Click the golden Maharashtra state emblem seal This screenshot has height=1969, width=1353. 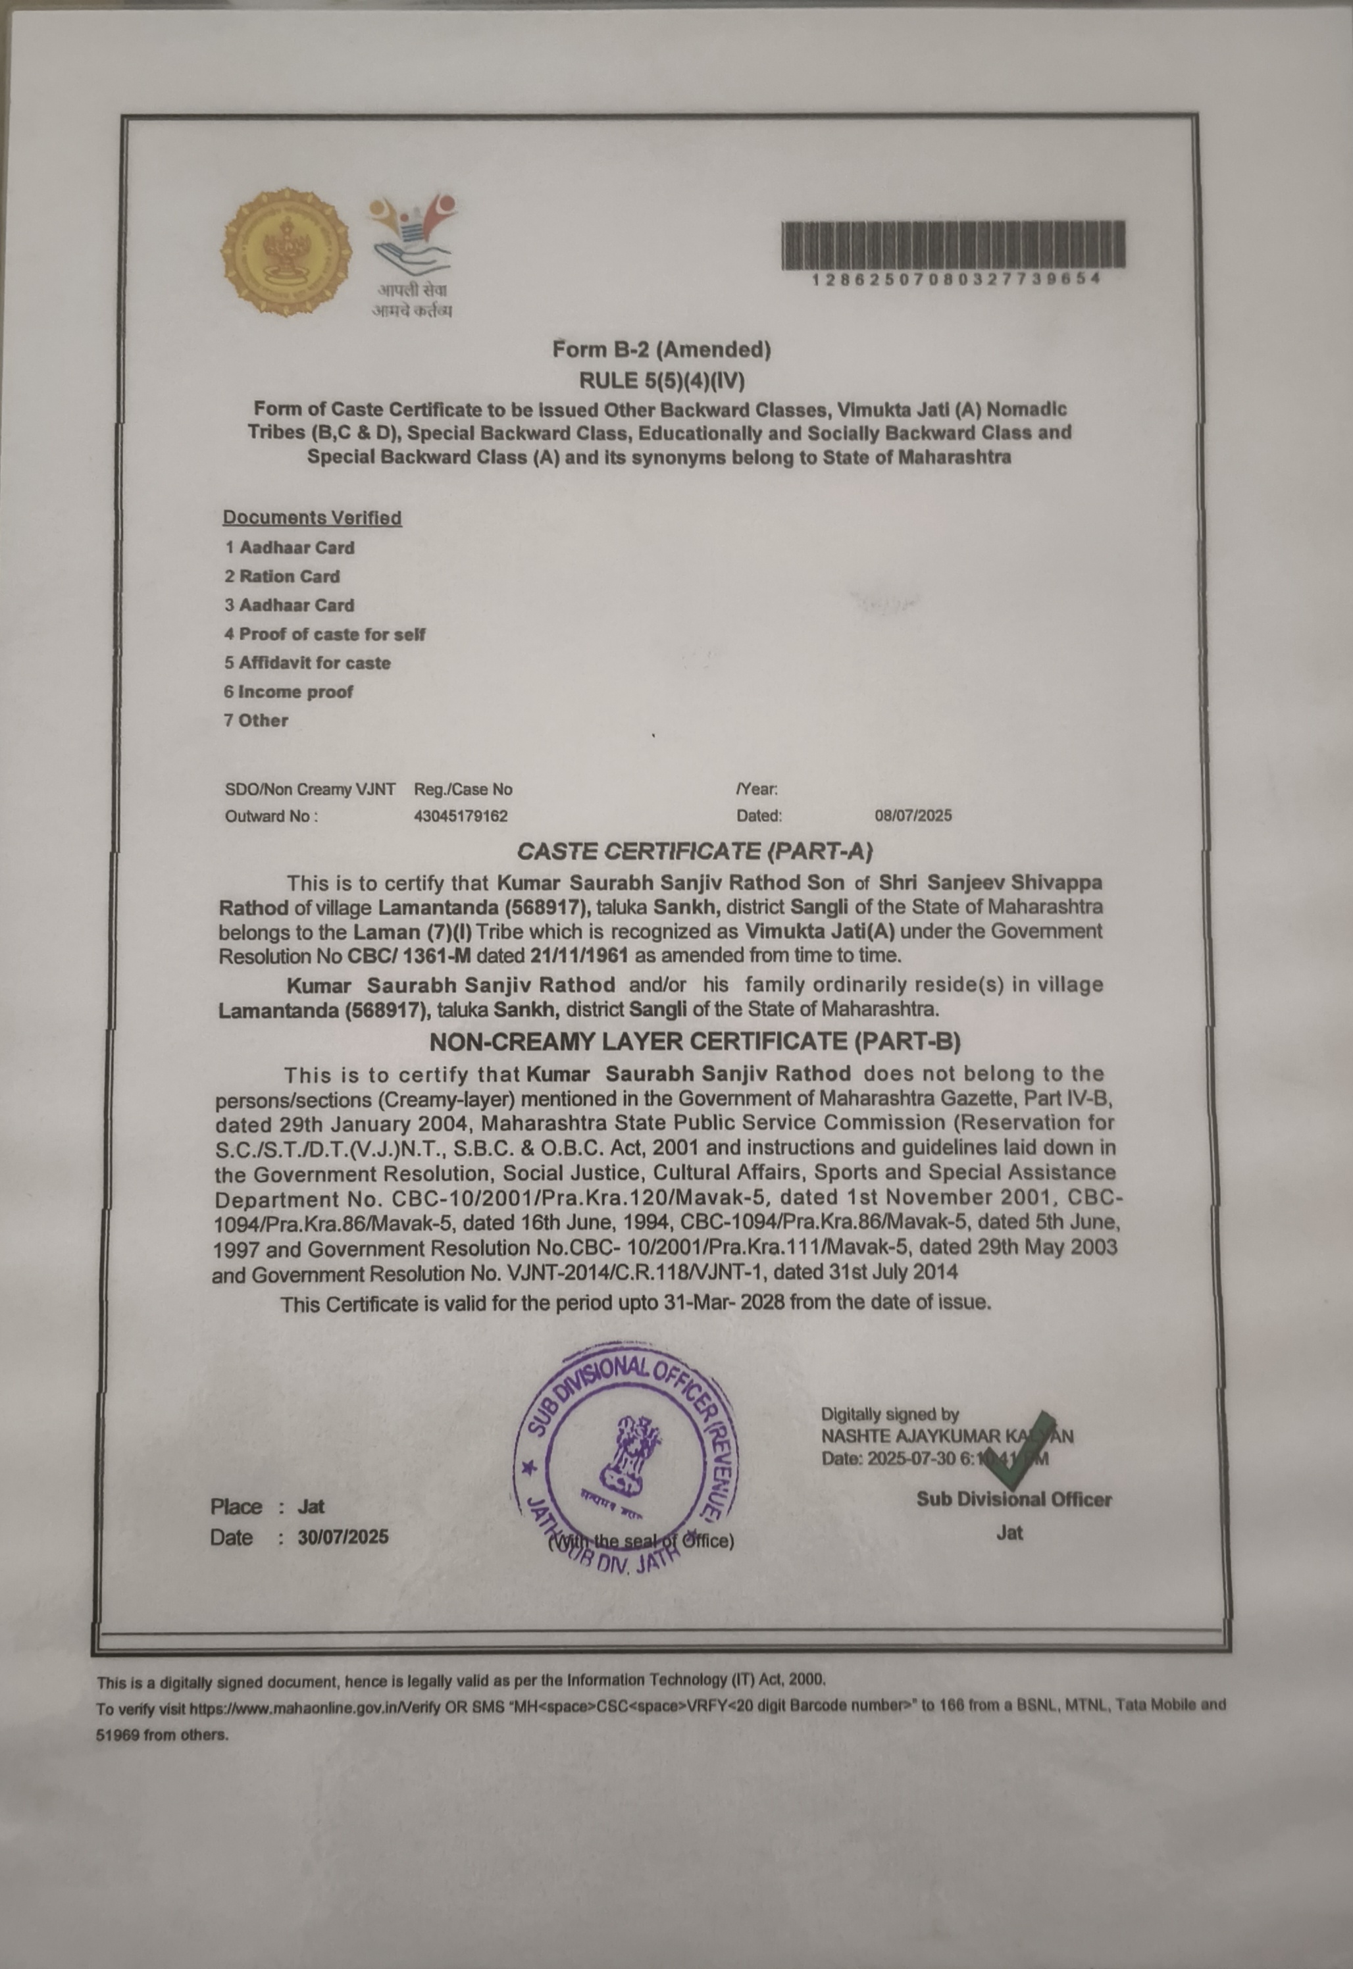[x=286, y=252]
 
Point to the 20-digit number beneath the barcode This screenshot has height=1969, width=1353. [x=956, y=280]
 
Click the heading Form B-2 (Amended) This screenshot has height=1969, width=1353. [x=661, y=349]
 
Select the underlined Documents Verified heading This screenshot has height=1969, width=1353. [x=312, y=517]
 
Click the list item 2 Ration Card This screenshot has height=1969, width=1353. [x=282, y=576]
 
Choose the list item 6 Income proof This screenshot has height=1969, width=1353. [x=288, y=692]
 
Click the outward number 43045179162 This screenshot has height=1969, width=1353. [x=461, y=816]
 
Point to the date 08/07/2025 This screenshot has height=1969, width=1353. [x=913, y=815]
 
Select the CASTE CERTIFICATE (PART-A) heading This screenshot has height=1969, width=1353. [x=694, y=851]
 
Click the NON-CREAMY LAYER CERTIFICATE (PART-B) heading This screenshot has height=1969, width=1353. [x=694, y=1042]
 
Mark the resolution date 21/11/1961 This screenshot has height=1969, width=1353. [x=579, y=956]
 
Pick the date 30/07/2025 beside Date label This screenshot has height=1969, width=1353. [x=342, y=1537]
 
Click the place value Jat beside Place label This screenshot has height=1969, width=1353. [x=311, y=1506]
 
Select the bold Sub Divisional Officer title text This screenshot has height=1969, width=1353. [x=1013, y=1498]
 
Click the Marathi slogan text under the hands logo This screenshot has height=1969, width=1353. [x=412, y=300]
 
